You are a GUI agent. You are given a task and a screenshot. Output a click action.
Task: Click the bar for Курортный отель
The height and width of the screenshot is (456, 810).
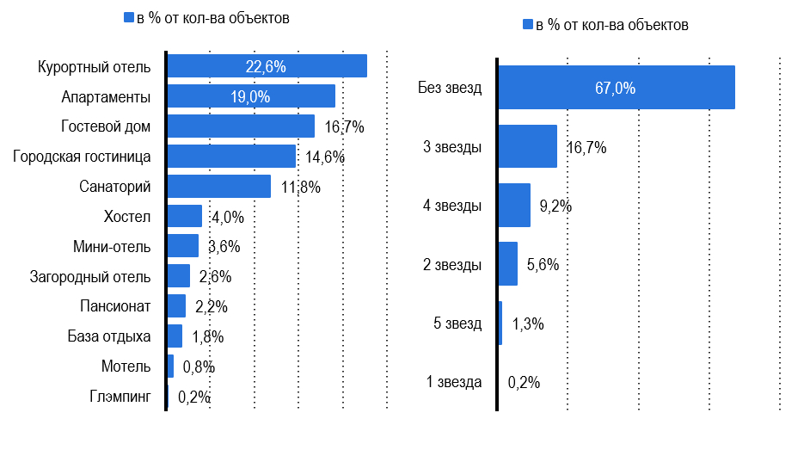point(267,66)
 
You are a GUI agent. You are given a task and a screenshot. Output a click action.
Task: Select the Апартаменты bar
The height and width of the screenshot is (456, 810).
point(250,96)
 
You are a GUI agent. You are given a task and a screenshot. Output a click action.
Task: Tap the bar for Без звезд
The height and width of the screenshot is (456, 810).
point(616,88)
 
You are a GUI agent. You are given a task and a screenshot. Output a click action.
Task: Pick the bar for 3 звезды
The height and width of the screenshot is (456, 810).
point(527,147)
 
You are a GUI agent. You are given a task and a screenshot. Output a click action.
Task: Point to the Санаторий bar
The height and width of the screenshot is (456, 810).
point(218,186)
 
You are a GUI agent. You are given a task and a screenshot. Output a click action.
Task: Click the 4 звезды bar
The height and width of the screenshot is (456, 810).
point(514,206)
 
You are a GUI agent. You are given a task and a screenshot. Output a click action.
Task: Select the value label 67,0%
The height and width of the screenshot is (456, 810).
point(615,88)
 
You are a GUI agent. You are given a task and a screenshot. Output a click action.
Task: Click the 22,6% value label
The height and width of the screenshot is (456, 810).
point(266,66)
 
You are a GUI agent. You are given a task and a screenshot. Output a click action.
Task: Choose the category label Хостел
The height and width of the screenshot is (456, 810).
point(126,217)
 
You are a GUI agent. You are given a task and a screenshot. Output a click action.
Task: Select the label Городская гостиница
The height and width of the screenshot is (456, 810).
point(83,157)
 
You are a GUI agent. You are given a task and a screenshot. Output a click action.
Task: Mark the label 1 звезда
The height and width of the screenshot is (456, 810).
point(454,383)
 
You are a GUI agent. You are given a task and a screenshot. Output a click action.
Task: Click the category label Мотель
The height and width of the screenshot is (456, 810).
point(126,367)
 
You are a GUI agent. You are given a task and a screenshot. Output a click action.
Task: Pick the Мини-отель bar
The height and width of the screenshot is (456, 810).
point(182,246)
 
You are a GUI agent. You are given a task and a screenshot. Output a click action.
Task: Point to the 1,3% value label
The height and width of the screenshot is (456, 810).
point(528,324)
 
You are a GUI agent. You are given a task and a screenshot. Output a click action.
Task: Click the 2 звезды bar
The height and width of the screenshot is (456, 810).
point(508,264)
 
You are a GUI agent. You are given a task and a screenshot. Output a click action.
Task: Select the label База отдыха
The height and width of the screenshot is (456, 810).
point(109,336)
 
